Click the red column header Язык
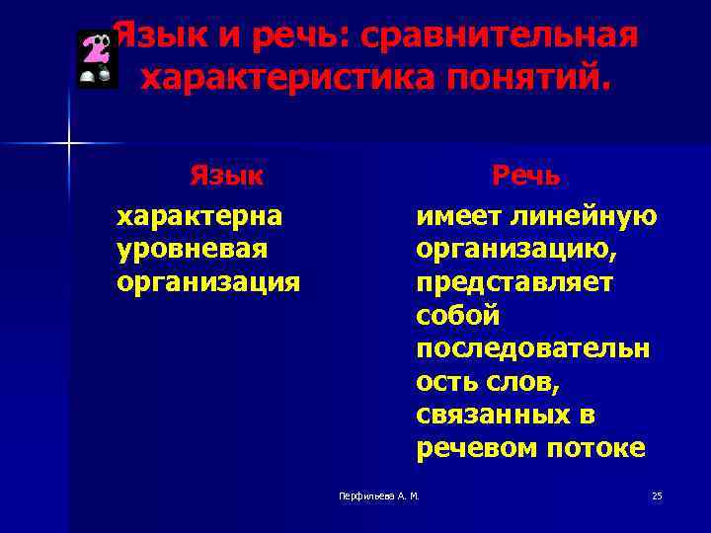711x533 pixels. point(226,176)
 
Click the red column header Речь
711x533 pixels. point(526,176)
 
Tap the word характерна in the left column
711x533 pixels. point(199,215)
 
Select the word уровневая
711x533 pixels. point(192,249)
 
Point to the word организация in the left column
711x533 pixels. point(207,282)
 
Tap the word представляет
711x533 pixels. point(514,282)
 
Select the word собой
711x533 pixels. point(458,316)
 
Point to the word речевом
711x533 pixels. point(472,449)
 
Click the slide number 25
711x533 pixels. point(657,495)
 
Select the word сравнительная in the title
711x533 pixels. point(500,37)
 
